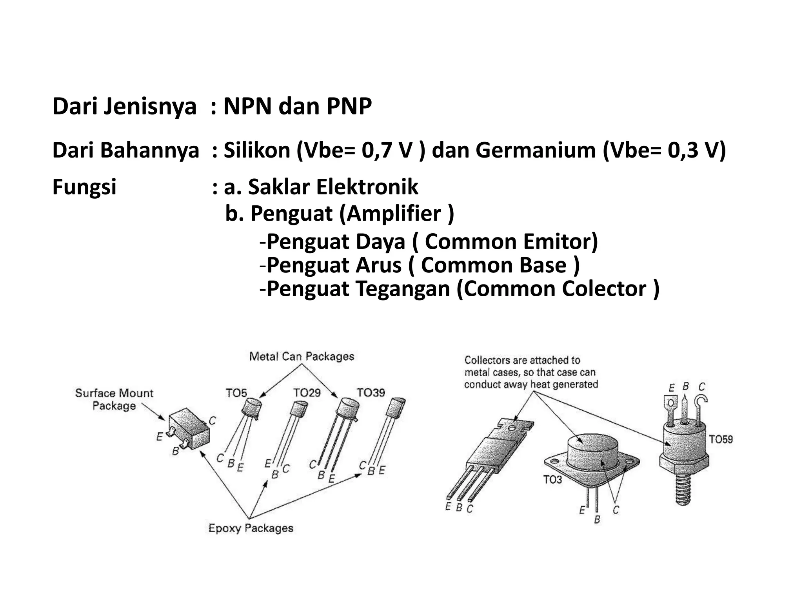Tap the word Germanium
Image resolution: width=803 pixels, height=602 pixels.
tap(535, 150)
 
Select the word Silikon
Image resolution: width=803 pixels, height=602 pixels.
tap(257, 150)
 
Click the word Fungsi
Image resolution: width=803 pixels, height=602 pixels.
tap(84, 187)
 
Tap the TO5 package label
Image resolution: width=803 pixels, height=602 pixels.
tap(236, 393)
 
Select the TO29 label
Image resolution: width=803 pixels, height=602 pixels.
tap(307, 392)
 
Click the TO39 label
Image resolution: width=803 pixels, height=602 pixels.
tap(371, 392)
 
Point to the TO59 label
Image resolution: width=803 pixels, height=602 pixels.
tap(721, 439)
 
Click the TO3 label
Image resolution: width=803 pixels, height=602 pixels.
tap(552, 480)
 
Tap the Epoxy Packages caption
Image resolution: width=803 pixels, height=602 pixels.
tap(251, 528)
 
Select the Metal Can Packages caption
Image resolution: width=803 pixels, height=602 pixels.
tap(302, 357)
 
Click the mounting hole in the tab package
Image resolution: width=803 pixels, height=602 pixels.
tap(512, 428)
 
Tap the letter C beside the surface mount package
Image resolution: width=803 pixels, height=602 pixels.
tap(212, 421)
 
